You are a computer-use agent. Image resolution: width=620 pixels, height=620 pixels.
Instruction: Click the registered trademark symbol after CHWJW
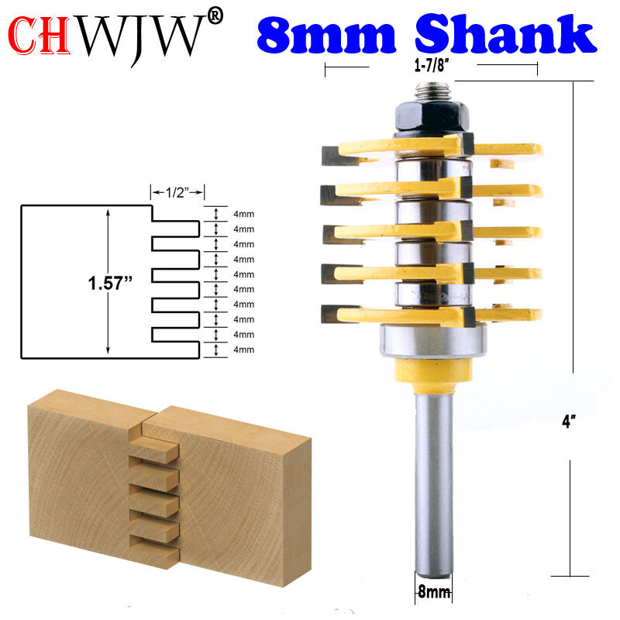click(215, 16)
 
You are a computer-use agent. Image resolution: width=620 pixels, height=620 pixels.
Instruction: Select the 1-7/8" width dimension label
click(432, 65)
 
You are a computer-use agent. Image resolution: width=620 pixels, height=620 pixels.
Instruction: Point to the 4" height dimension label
click(569, 421)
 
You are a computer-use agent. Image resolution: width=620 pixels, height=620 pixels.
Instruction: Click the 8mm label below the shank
click(434, 592)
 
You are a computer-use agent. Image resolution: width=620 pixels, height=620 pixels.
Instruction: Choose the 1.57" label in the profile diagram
click(110, 283)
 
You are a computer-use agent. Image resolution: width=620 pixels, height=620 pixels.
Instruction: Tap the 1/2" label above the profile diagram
click(177, 192)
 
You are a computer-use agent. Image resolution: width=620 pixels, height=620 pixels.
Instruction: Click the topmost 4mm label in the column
click(243, 215)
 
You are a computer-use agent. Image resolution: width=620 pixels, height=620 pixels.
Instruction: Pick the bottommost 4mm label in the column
click(243, 350)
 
